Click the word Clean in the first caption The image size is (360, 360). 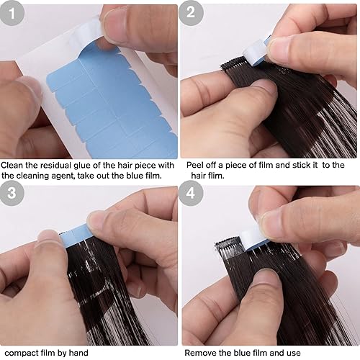(x=12, y=165)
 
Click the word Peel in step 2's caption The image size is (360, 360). (x=195, y=165)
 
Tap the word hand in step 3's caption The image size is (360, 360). (x=78, y=353)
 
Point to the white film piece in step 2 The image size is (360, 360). (x=256, y=52)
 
